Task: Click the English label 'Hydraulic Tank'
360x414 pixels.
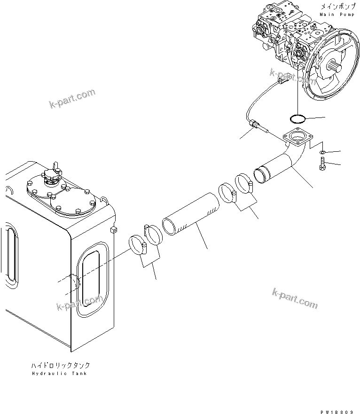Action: pyautogui.click(x=59, y=374)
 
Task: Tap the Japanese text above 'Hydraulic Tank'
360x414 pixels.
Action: pyautogui.click(x=60, y=365)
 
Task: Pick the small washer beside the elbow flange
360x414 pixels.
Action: pyautogui.click(x=322, y=153)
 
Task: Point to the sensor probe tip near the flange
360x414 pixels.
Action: pyautogui.click(x=260, y=126)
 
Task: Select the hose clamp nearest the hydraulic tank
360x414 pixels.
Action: pyautogui.click(x=137, y=245)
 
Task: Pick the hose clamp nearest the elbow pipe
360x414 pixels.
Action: pyautogui.click(x=244, y=183)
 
